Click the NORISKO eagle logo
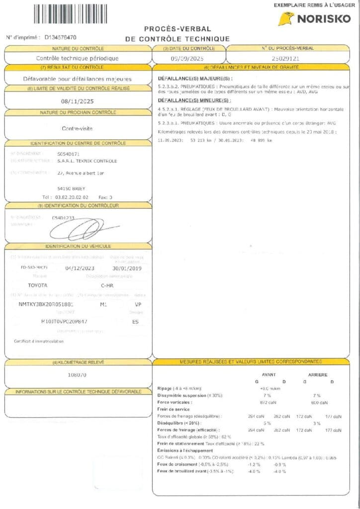[286, 19]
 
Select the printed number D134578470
[60, 37]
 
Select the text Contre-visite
[77, 128]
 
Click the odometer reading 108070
[77, 375]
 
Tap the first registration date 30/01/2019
[124, 268]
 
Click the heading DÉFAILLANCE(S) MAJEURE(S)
[194, 79]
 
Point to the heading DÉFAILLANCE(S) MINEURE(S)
[194, 100]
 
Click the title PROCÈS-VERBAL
[177, 29]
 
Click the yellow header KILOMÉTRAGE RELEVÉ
[78, 362]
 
